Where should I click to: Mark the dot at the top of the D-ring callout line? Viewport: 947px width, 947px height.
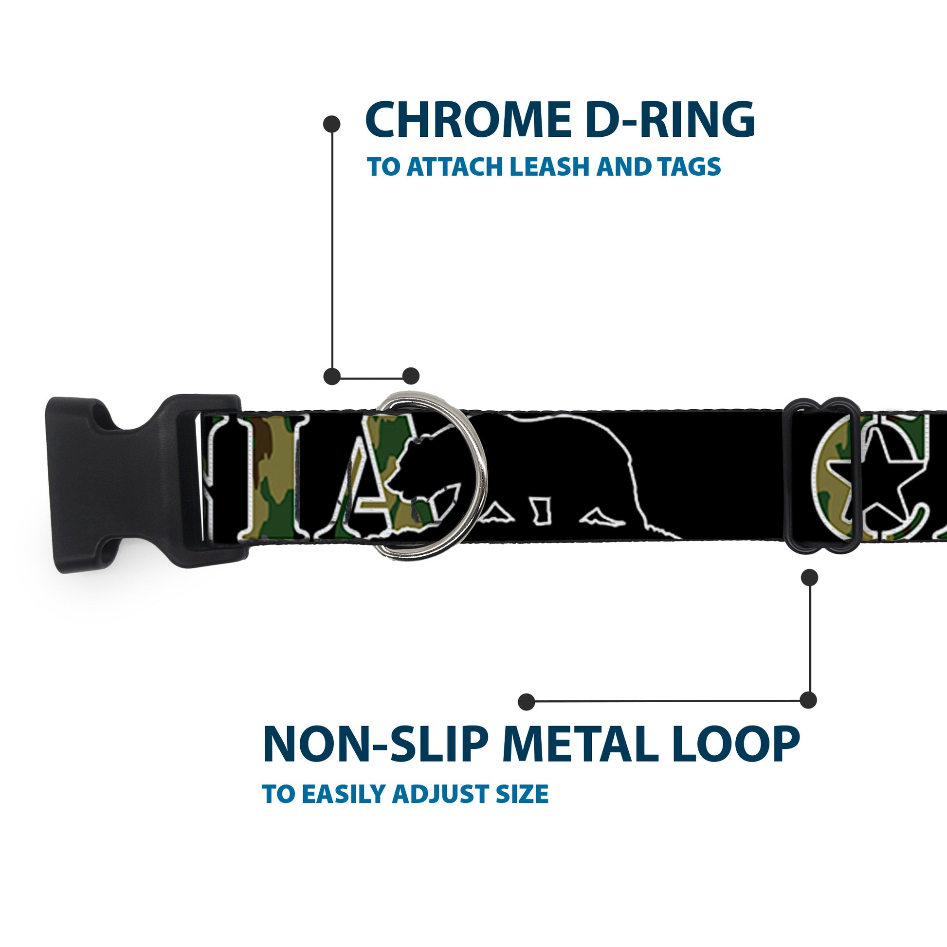tap(332, 124)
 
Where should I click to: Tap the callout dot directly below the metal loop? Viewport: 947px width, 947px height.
tap(809, 578)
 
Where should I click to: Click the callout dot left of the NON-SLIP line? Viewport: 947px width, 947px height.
tap(527, 701)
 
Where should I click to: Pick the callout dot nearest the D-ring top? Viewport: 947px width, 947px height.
tap(411, 376)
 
